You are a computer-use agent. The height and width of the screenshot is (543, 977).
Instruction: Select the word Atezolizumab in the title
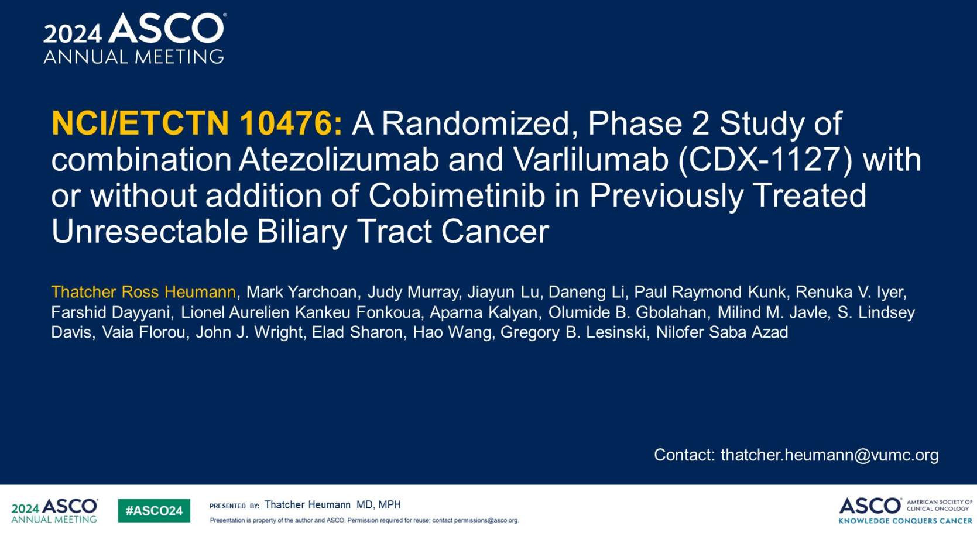[338, 160]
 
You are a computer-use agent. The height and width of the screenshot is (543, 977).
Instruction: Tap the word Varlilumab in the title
[591, 160]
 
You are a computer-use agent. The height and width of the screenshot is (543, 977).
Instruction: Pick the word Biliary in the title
[302, 232]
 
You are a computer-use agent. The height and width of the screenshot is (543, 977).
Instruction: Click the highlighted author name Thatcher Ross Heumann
[143, 292]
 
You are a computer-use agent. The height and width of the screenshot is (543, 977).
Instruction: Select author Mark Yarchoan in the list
[301, 292]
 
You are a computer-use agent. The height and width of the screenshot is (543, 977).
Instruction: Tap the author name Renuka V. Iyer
[850, 292]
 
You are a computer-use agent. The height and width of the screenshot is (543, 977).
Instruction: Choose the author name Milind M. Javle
[772, 312]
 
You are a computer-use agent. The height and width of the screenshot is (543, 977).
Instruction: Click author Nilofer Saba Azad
[722, 332]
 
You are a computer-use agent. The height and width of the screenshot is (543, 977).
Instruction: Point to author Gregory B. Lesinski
[573, 333]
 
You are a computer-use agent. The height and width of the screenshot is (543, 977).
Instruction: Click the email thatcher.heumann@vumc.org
[829, 455]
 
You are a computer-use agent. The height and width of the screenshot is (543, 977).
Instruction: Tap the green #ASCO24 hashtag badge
[154, 511]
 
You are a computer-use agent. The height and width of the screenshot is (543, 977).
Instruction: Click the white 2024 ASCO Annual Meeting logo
[134, 39]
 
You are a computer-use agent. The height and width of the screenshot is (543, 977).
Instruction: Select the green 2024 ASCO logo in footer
[54, 511]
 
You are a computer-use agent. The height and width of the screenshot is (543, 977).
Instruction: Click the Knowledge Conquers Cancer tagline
[906, 521]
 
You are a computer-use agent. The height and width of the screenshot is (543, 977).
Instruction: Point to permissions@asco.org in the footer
[486, 520]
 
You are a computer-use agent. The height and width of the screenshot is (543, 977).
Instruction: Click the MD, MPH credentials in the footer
[379, 505]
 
